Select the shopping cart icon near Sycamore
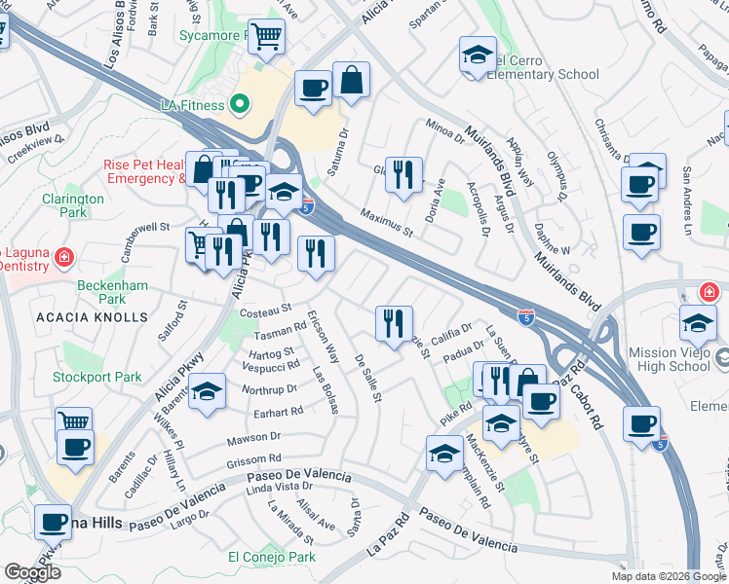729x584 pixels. click(x=266, y=37)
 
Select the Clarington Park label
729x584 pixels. click(x=73, y=205)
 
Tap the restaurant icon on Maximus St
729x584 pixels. click(x=403, y=175)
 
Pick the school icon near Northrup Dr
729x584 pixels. click(x=206, y=392)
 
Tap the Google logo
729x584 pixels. click(x=32, y=572)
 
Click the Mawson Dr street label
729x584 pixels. click(x=253, y=438)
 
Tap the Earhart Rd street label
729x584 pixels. click(x=278, y=411)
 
